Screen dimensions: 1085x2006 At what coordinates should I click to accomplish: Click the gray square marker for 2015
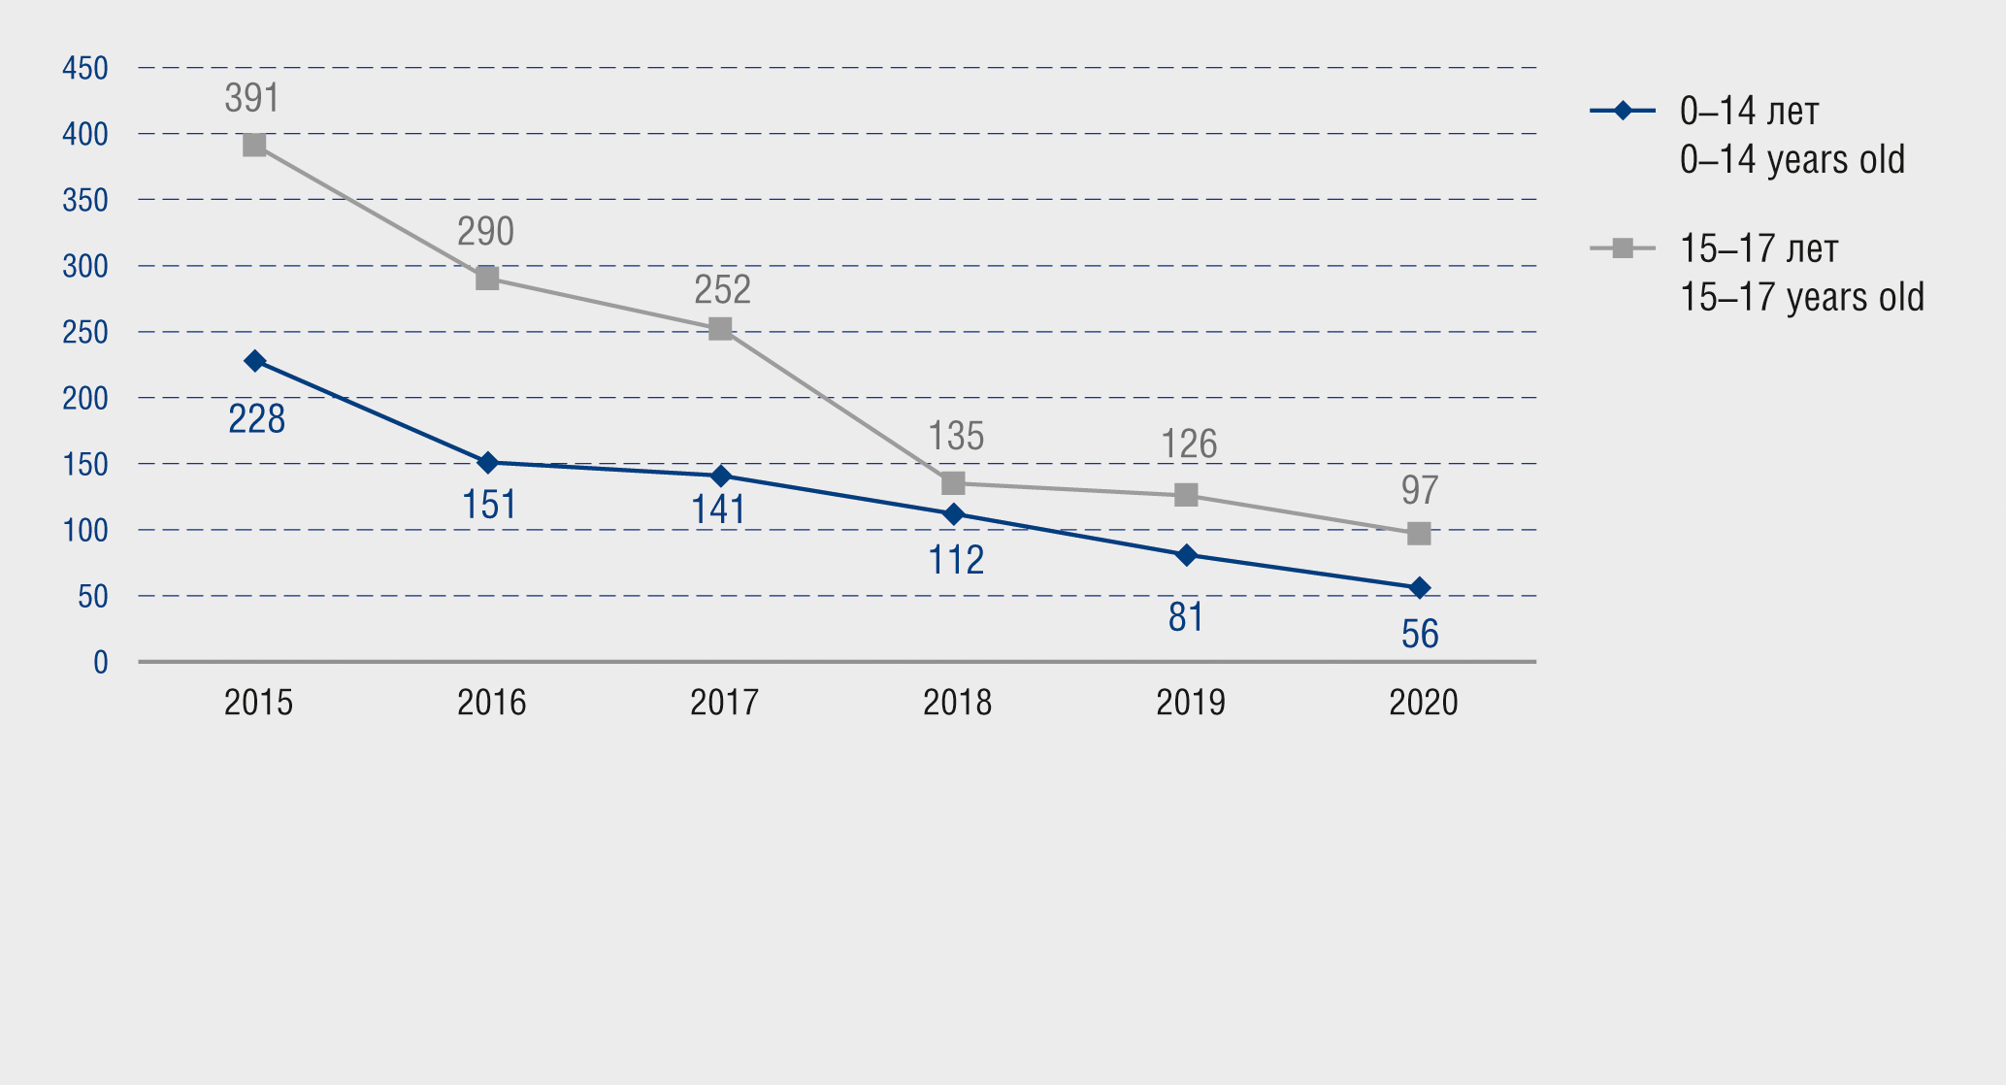tap(254, 146)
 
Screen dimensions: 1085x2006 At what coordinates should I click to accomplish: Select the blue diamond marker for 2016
tap(488, 463)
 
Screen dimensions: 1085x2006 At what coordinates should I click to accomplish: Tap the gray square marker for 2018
tap(953, 483)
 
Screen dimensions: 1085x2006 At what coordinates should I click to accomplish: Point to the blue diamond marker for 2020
tap(1419, 588)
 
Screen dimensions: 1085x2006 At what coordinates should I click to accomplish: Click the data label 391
tap(252, 98)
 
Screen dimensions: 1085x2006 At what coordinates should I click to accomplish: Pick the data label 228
tap(256, 419)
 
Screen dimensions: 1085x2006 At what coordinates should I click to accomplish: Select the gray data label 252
tap(722, 289)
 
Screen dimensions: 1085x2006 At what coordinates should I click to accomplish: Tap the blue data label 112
tap(956, 560)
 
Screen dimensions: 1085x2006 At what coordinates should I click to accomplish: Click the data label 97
tap(1419, 490)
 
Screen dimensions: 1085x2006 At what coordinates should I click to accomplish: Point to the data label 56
tap(1420, 635)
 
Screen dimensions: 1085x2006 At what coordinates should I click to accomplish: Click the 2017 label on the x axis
tap(724, 703)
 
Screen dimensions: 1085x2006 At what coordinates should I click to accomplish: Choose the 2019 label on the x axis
tap(1190, 703)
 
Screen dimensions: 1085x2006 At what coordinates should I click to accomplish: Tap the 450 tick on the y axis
tap(85, 68)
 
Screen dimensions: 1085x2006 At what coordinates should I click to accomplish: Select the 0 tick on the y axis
tap(101, 662)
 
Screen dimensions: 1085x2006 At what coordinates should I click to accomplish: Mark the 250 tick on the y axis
tap(85, 332)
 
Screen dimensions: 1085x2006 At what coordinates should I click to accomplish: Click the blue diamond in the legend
tap(1623, 111)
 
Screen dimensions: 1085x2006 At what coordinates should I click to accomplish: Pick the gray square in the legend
tap(1623, 248)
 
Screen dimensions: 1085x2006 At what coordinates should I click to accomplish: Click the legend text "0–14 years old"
tap(1792, 160)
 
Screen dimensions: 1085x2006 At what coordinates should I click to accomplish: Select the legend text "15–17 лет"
tap(1759, 249)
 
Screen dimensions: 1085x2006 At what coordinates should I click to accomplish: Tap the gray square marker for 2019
tap(1186, 495)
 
